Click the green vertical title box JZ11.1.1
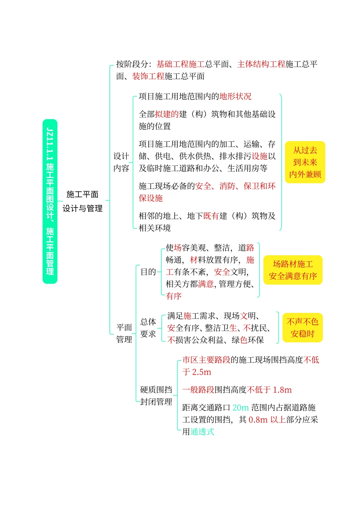point(50,201)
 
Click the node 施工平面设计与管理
point(83,201)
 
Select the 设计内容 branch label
point(121,162)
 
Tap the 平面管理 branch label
point(124,333)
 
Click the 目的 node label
point(148,272)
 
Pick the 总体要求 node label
point(148,328)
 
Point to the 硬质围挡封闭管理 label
point(156,396)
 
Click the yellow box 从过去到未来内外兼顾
point(305,162)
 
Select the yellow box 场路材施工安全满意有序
point(293,270)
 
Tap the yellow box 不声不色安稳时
point(302,328)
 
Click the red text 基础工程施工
point(180,64)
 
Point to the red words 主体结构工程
point(261,64)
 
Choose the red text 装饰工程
point(148,77)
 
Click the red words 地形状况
point(235,97)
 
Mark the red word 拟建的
point(167,114)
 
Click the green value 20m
point(241,408)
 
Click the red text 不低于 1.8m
point(269,390)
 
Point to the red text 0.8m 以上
point(267,420)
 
